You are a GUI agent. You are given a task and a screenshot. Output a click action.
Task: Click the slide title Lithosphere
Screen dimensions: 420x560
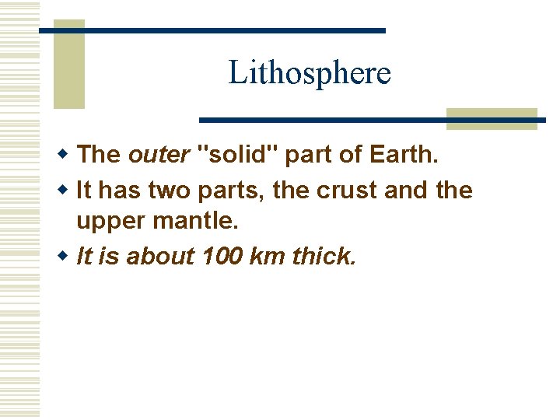click(x=309, y=74)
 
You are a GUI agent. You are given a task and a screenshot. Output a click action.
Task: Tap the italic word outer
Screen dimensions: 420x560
click(x=159, y=155)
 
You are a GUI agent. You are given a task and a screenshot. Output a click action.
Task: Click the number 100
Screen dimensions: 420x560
click(x=222, y=257)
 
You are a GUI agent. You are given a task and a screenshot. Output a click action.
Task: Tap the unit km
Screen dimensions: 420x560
click(x=268, y=257)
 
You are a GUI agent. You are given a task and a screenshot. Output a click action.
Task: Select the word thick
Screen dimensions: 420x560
click(x=324, y=257)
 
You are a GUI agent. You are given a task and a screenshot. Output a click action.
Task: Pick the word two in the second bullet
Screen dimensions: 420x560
click(x=164, y=191)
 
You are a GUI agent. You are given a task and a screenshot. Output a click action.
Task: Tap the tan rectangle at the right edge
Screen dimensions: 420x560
click(x=492, y=118)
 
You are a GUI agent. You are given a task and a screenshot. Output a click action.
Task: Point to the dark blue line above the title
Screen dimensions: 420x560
click(x=212, y=30)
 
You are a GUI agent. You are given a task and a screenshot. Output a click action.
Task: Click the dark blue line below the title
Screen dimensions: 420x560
click(x=372, y=120)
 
